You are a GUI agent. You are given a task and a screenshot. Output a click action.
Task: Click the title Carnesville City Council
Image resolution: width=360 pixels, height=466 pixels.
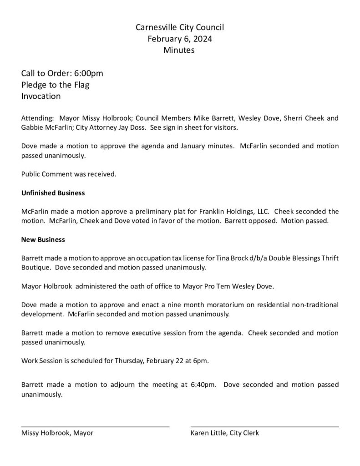(x=180, y=28)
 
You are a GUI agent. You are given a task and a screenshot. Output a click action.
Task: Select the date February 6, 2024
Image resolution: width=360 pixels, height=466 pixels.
(x=180, y=39)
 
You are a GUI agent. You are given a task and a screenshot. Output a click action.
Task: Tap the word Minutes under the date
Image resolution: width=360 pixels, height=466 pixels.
(x=179, y=51)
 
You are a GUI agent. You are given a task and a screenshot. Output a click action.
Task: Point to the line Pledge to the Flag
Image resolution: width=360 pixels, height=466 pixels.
(x=55, y=85)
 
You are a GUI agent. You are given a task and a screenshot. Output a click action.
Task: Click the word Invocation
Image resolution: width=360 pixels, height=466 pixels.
(x=41, y=96)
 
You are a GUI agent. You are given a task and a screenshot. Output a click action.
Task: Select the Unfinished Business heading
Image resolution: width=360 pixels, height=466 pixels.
(x=53, y=193)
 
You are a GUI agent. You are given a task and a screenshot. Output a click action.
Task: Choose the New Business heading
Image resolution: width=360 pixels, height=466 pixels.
(x=43, y=239)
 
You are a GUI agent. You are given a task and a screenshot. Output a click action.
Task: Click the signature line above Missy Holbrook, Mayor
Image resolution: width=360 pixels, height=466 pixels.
(x=95, y=426)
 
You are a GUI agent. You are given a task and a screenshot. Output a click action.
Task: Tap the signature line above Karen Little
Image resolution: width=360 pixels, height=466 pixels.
(x=264, y=426)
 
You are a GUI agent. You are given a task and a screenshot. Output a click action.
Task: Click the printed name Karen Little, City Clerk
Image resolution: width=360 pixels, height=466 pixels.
(x=225, y=433)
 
